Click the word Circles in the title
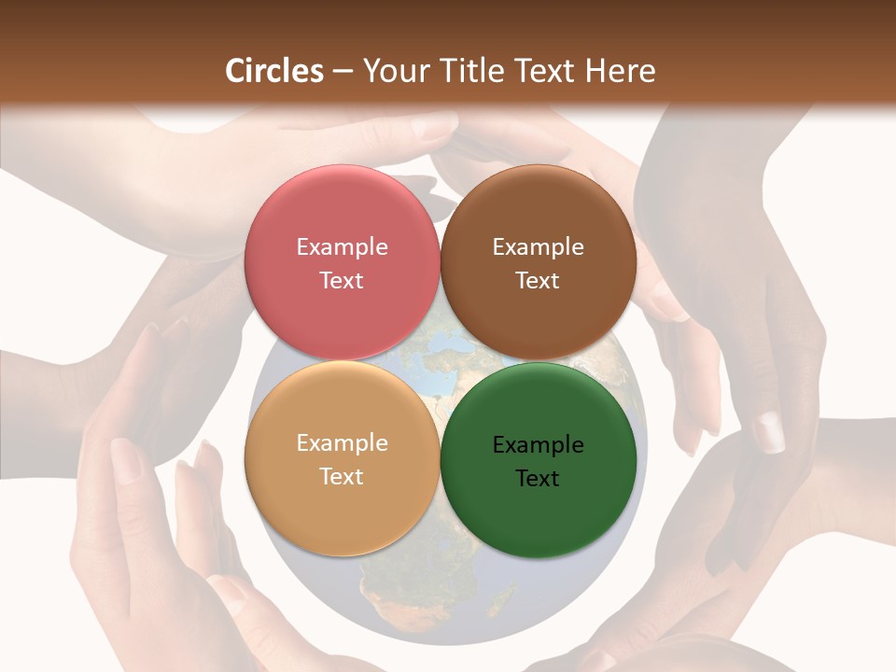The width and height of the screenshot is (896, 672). [x=274, y=71]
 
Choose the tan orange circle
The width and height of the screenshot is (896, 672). [x=342, y=504]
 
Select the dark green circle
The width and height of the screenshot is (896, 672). [x=539, y=504]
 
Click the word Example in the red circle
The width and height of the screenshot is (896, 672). [x=342, y=246]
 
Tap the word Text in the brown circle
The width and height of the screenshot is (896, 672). [x=538, y=281]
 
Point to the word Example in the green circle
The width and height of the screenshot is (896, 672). [x=538, y=444]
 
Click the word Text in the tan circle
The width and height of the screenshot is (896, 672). [x=342, y=477]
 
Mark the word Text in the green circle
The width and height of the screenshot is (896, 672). [x=538, y=479]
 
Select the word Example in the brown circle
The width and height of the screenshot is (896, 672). [x=538, y=246]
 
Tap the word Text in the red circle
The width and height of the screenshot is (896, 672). [x=342, y=281]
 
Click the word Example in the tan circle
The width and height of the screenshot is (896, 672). [x=342, y=442]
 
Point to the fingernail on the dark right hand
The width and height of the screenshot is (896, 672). [x=769, y=432]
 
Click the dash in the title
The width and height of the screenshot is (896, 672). [x=342, y=71]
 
